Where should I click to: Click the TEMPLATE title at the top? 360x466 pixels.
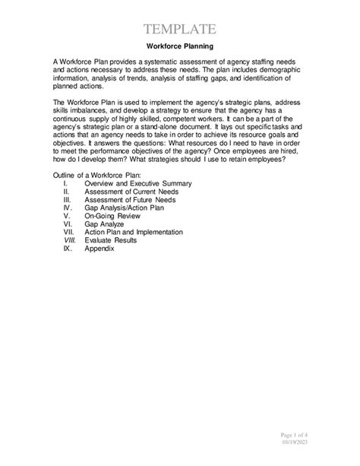180,30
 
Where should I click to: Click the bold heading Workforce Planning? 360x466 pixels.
179,46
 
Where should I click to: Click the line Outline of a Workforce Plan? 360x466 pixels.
96,174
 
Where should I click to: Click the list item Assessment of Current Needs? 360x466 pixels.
132,192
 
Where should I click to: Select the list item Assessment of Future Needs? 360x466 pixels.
131,201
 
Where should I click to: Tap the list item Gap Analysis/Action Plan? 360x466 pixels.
125,209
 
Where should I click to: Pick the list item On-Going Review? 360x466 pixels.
111,217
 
